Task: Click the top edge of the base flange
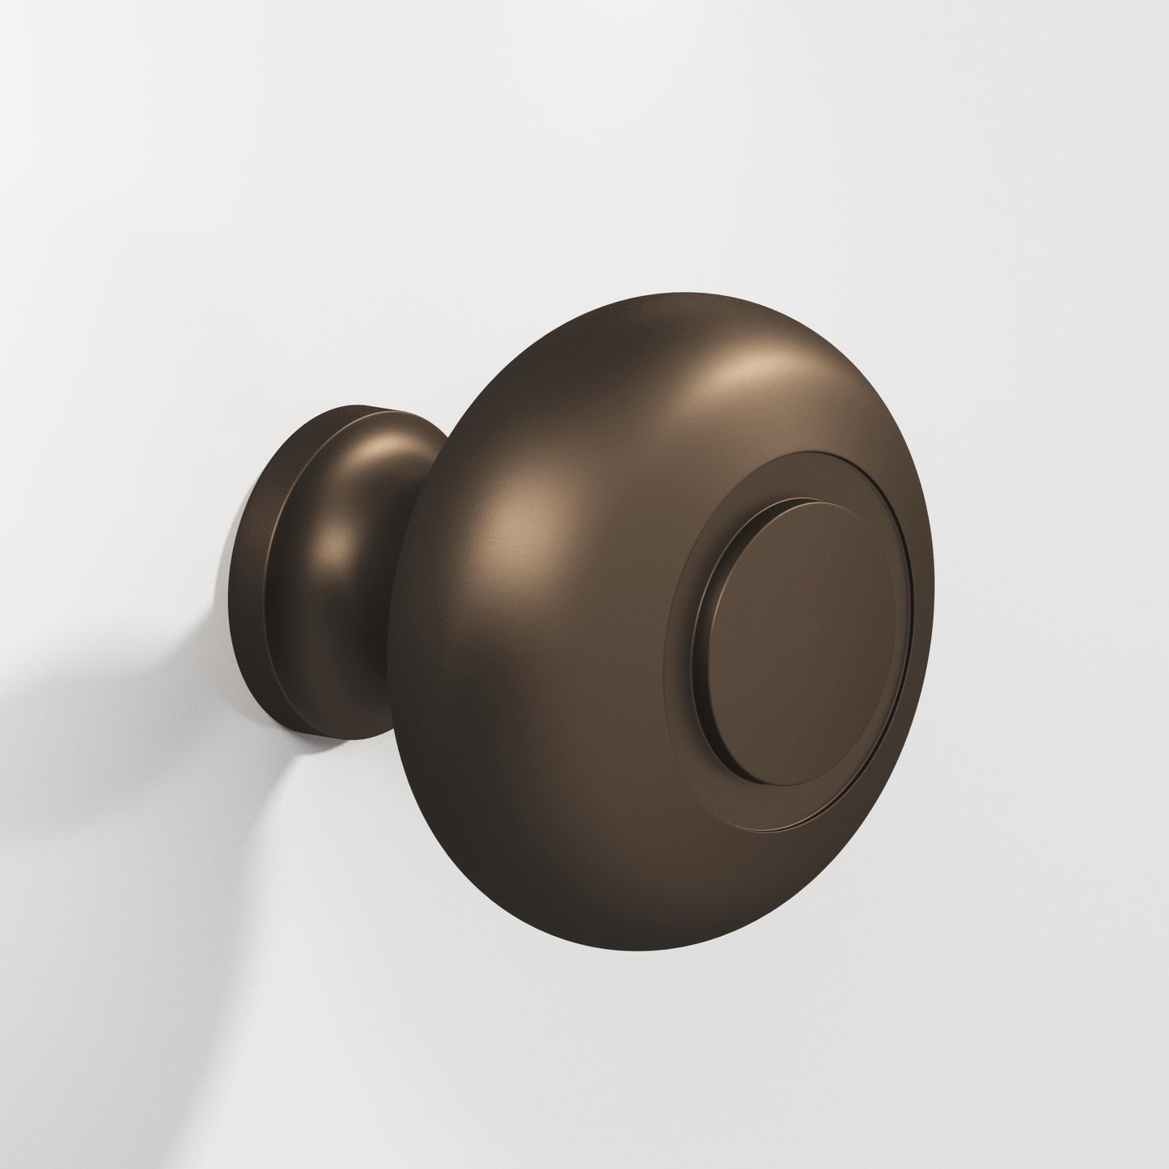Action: coord(324,410)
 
